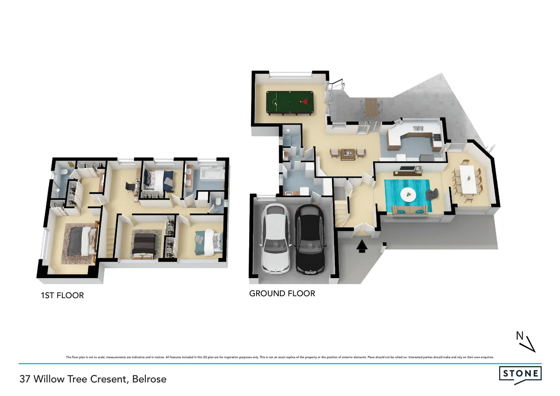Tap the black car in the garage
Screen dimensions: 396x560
(x=310, y=240)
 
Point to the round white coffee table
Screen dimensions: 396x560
(x=408, y=194)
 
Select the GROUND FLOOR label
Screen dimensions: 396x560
(x=282, y=293)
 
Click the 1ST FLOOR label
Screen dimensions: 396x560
(x=62, y=295)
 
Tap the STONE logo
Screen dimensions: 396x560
(x=520, y=374)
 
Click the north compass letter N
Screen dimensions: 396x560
(x=520, y=335)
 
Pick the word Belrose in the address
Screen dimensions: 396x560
(x=149, y=379)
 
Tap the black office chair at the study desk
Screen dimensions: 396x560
(x=130, y=186)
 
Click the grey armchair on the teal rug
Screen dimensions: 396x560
(x=432, y=194)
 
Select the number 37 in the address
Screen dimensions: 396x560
(x=25, y=379)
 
